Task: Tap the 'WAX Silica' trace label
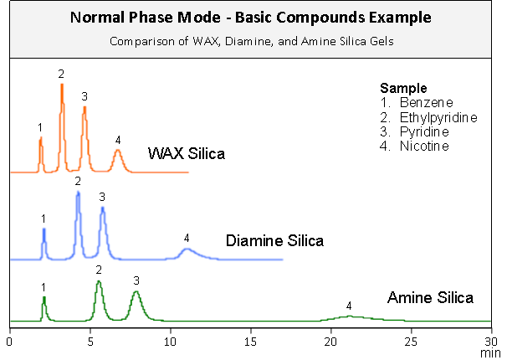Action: point(186,153)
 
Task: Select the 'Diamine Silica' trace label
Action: point(274,241)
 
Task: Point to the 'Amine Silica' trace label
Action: point(430,297)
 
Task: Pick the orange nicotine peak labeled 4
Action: point(118,156)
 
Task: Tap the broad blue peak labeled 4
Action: point(187,250)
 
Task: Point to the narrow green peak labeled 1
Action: point(44,306)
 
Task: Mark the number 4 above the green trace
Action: point(349,306)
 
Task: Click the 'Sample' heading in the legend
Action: point(403,87)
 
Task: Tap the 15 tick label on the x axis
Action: point(251,342)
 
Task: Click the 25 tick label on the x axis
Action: point(412,342)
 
